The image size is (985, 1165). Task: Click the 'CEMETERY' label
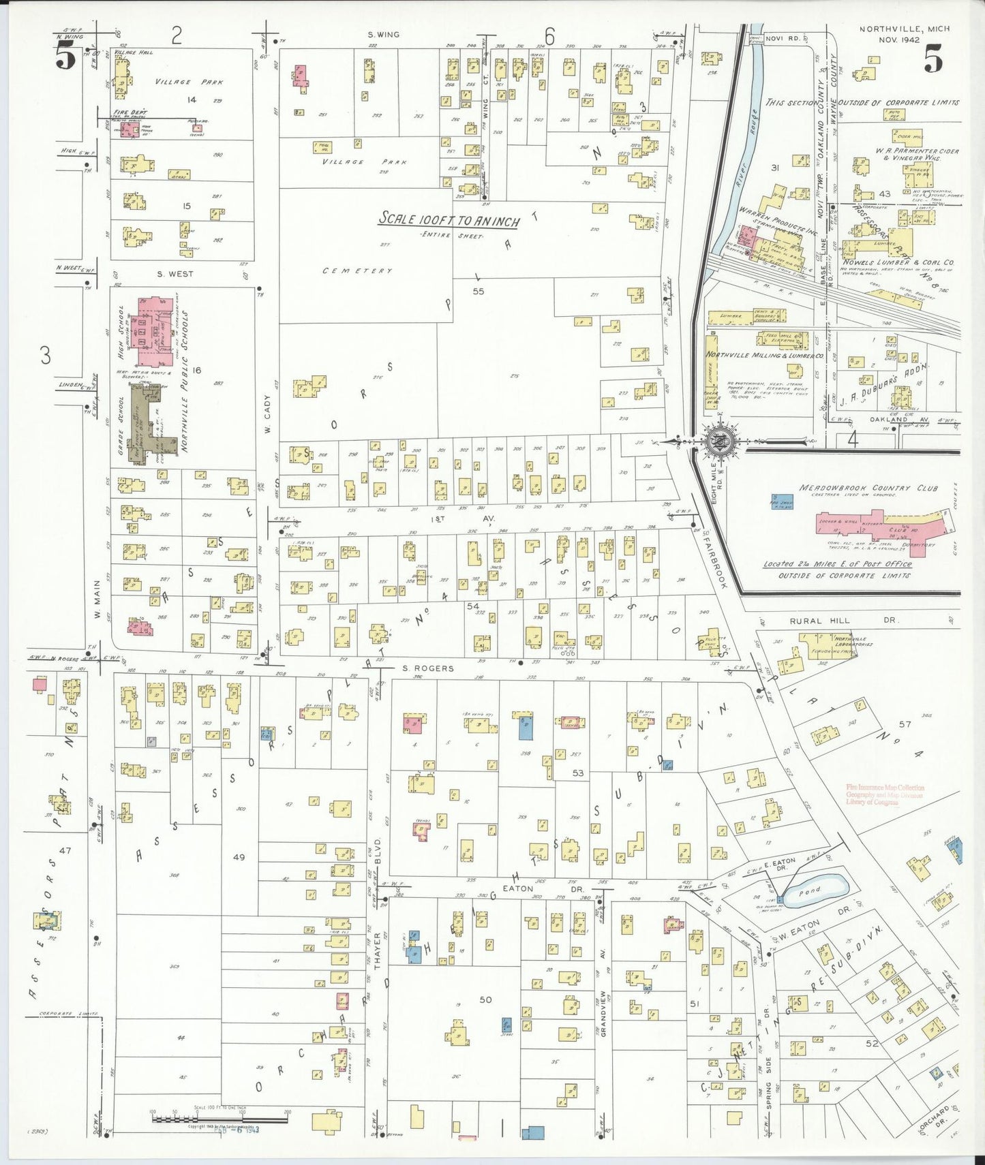(357, 270)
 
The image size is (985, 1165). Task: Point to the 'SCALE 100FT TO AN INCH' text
(449, 220)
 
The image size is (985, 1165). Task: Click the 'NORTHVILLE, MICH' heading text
(904, 29)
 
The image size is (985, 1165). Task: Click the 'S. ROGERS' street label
(427, 668)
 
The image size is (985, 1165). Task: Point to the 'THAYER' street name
(377, 948)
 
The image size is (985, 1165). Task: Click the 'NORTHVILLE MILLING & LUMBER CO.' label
(763, 355)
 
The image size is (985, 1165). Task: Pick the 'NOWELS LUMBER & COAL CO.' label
(898, 262)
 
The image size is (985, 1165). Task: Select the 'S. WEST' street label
(175, 274)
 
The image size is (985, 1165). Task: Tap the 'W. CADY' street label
(267, 414)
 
